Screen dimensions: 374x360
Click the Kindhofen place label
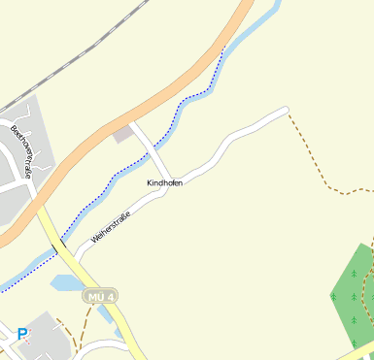164,182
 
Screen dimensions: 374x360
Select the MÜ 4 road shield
99,295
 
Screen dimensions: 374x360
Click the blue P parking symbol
21,335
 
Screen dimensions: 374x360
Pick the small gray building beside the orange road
122,134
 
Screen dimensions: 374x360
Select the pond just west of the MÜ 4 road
65,283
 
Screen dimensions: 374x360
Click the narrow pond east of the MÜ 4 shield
119,330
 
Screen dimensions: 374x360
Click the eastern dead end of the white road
287,111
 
